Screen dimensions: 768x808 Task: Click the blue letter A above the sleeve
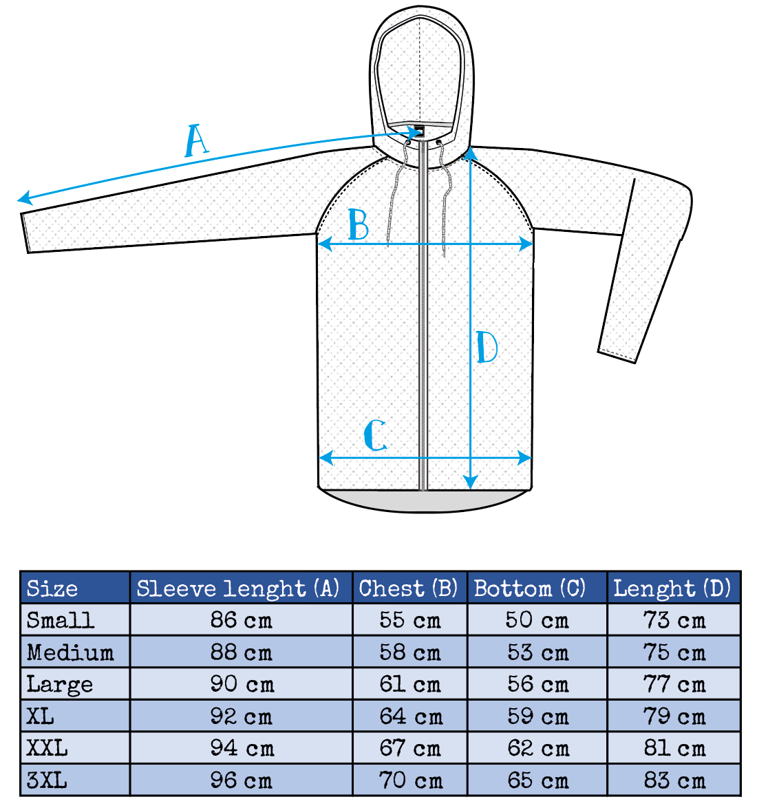coord(196,140)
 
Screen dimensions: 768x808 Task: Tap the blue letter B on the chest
coord(358,224)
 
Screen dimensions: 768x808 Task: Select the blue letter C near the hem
coord(375,436)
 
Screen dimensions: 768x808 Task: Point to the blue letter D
coord(487,348)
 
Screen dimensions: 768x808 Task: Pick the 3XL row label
coord(47,780)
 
